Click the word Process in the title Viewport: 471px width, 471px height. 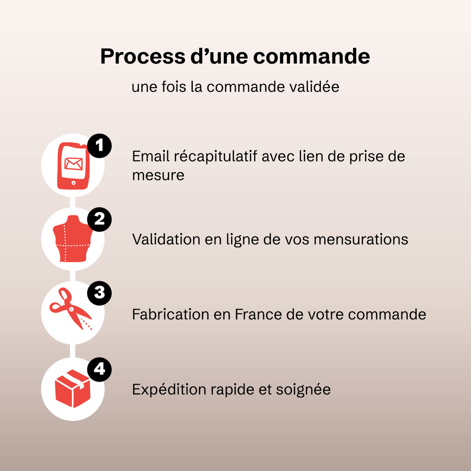[x=143, y=56]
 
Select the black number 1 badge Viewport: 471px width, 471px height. [x=99, y=146]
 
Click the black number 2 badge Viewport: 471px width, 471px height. [x=99, y=219]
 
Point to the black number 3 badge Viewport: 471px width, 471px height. [x=99, y=293]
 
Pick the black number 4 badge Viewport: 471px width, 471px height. [x=99, y=369]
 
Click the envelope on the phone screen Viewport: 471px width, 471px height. [x=74, y=164]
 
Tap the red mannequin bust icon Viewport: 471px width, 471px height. [x=73, y=239]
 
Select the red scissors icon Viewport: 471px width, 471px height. [x=71, y=308]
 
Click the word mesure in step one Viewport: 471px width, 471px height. [x=158, y=175]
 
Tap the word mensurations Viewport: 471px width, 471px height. [x=361, y=239]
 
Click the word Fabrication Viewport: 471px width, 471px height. [x=171, y=314]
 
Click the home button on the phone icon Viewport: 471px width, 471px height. [x=74, y=183]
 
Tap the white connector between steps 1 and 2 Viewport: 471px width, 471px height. [x=73, y=202]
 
